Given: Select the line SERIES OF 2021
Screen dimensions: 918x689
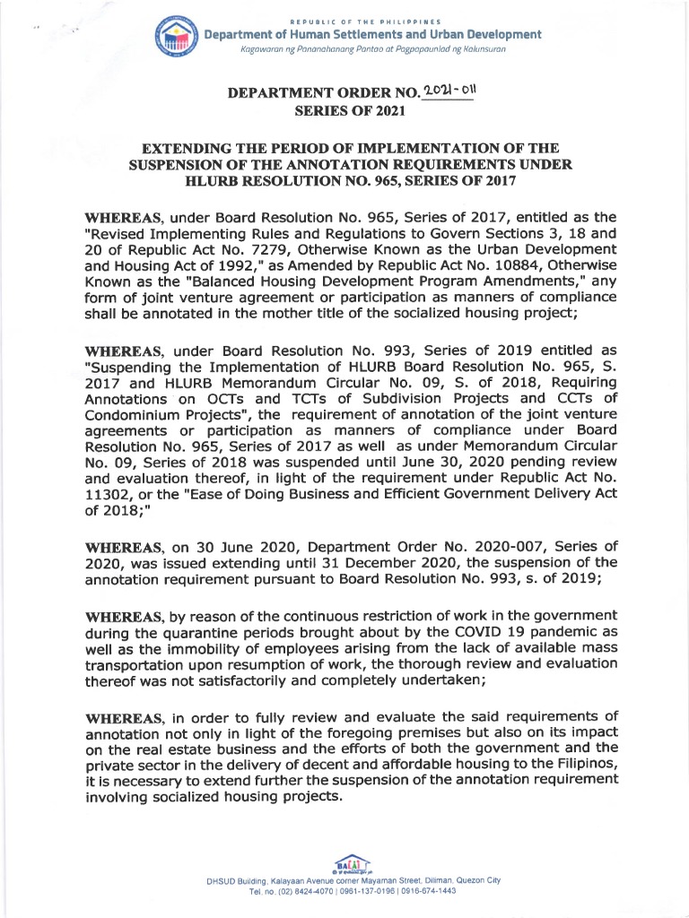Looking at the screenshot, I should coord(344,111).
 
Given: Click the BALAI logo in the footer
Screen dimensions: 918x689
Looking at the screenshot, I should coord(344,863).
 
